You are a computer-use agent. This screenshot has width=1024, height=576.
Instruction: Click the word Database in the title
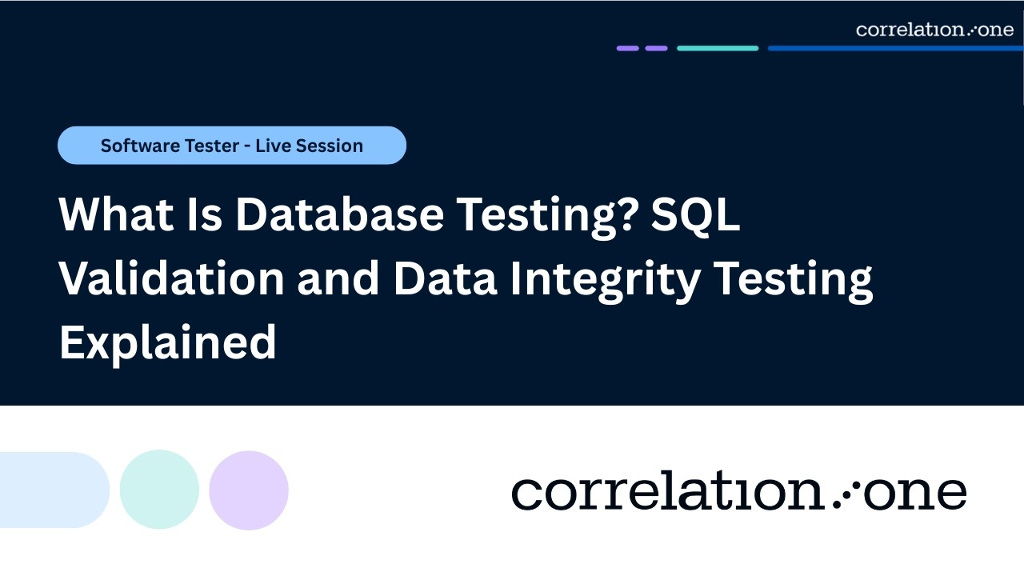coord(339,215)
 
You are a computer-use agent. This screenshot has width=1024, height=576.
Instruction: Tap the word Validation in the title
coord(171,279)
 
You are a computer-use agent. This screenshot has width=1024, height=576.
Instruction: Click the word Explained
coord(168,342)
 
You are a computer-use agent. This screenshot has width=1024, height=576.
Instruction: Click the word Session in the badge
coord(330,146)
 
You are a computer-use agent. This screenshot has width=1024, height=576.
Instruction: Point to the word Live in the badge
coord(270,146)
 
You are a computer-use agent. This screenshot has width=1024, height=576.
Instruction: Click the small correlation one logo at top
coord(934,30)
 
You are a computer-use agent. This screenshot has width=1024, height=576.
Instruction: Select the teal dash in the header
coord(718,48)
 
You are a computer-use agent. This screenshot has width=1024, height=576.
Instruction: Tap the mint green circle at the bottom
coord(159,490)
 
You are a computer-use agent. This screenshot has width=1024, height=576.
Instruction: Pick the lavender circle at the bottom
coord(249,490)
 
